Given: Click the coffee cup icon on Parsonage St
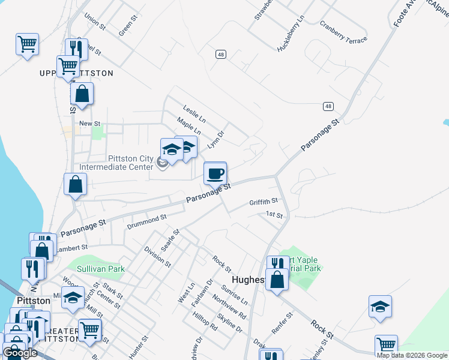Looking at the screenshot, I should click(215, 173).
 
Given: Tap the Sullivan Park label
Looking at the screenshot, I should click(101, 269).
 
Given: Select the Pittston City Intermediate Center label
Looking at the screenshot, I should click(130, 163).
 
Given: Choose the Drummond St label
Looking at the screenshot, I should click(146, 221).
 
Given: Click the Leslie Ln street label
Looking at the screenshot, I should click(194, 112).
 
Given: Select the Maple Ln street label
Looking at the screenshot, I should click(188, 126).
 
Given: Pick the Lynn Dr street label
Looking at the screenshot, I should click(215, 140).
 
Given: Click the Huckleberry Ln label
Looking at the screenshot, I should click(292, 34).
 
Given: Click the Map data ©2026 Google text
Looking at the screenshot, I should click(412, 355).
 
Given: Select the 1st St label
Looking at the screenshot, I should click(274, 215).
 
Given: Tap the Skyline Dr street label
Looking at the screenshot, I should click(229, 324).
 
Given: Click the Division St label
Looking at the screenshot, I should click(157, 256).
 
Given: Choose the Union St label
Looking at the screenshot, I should click(95, 23).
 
